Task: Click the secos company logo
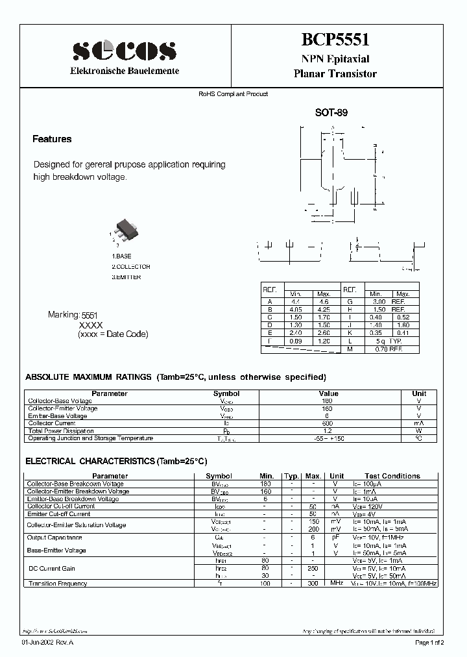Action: pos(124,51)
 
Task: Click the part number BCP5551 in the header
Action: pos(335,40)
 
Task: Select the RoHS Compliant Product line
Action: pos(233,94)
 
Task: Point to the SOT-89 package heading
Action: pos(331,112)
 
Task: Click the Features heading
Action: pos(52,139)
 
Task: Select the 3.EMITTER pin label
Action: pos(126,277)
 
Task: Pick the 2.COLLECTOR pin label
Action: pos(130,267)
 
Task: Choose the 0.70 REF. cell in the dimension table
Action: pos(389,349)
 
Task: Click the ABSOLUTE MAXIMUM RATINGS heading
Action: pos(88,377)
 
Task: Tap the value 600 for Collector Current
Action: pos(328,423)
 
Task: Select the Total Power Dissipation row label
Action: pos(61,431)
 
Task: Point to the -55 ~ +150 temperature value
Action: pos(328,439)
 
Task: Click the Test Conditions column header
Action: pos(392,476)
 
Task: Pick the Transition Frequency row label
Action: pos(57,584)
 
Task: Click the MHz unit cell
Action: pos(336,584)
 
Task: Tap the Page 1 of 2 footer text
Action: pos(429,643)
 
